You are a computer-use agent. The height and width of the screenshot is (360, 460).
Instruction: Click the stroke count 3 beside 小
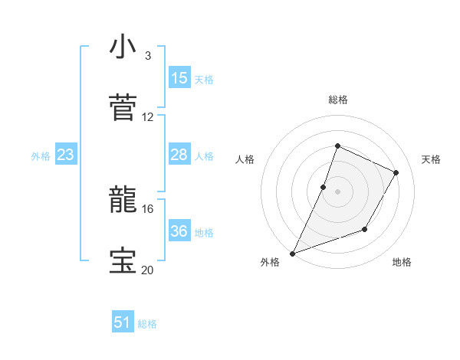[148, 56]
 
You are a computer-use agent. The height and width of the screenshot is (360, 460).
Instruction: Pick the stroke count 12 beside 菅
[148, 117]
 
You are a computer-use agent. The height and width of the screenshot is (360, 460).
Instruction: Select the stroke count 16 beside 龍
[148, 208]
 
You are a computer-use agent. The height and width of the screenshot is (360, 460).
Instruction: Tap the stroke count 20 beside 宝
[148, 270]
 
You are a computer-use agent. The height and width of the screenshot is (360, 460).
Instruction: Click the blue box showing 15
[179, 78]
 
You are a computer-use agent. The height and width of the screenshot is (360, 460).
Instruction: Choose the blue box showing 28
[179, 155]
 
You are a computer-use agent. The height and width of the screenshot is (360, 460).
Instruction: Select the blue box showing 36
[179, 231]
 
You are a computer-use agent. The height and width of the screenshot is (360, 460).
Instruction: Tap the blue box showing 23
[66, 155]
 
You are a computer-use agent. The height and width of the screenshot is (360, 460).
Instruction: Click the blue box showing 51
[123, 323]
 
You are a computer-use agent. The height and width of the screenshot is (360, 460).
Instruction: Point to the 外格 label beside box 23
[41, 156]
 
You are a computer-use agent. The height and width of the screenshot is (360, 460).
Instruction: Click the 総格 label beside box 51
[147, 324]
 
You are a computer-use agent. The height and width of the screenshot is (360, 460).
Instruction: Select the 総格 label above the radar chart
[337, 100]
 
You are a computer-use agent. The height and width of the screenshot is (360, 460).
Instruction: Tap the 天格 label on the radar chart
[431, 159]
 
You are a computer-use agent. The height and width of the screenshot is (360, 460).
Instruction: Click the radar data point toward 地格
[366, 230]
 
